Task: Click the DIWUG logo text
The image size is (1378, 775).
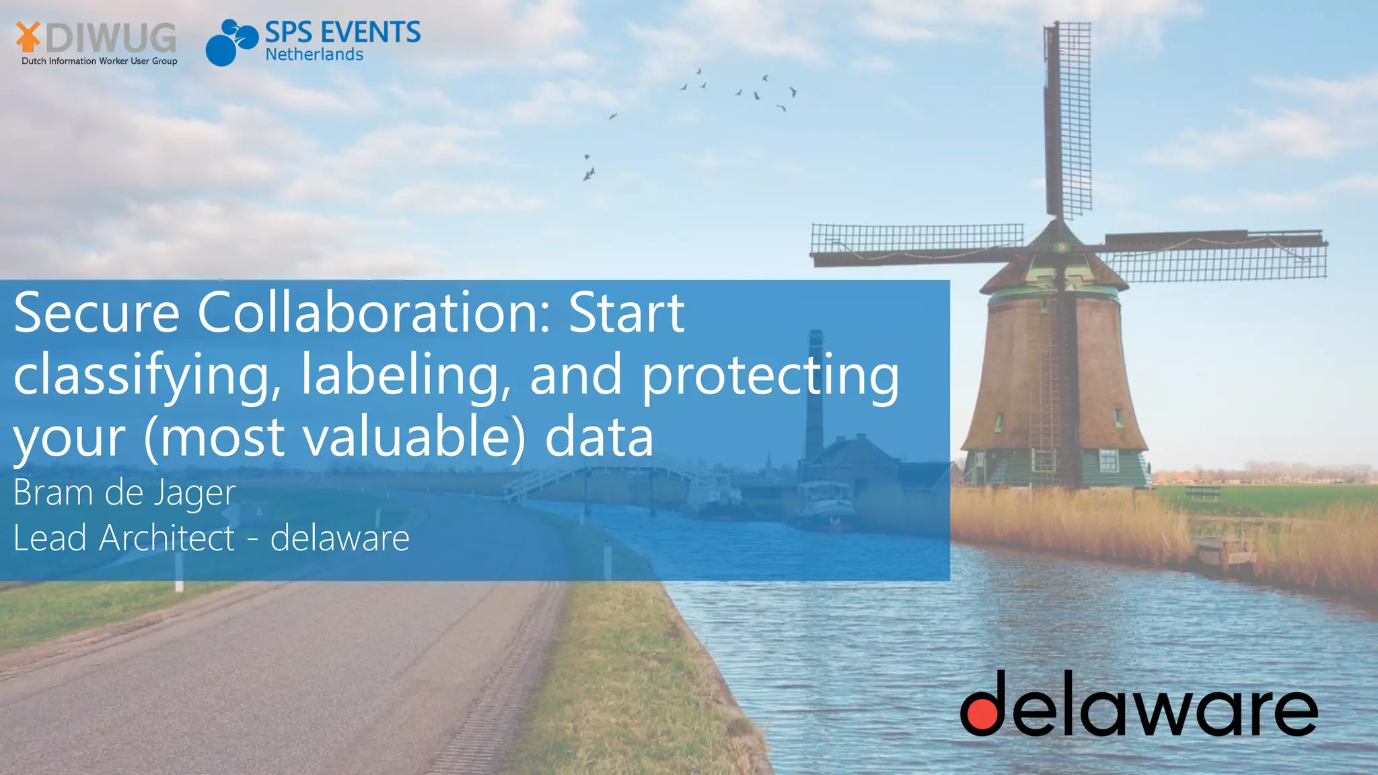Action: coord(111,38)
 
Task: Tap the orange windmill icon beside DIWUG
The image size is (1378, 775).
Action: coord(28,36)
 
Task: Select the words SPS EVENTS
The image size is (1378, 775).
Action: coord(342,32)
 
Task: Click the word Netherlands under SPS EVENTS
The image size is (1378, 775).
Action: coord(314,54)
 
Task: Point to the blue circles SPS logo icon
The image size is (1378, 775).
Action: coord(231,42)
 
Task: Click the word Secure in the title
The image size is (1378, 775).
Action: coord(96,313)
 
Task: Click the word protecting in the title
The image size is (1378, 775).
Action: coord(770,376)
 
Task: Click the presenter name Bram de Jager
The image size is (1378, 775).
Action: coord(124,493)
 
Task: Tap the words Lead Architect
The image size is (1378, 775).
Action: coord(124,538)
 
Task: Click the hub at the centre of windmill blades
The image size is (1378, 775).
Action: coord(1061,248)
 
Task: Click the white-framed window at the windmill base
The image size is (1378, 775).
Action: coord(1108,459)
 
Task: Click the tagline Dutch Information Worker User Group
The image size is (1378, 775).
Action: coord(100,61)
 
